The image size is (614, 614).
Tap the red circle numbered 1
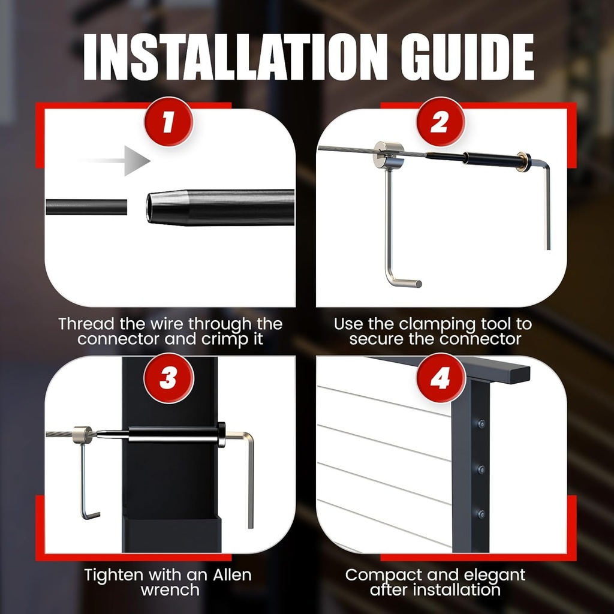(168, 122)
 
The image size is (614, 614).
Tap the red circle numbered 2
(440, 122)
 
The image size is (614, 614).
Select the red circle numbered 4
(441, 378)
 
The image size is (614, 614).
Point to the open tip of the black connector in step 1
(149, 207)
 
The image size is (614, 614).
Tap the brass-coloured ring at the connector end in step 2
(523, 161)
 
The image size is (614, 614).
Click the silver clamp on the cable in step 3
(82, 435)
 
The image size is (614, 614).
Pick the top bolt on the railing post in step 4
(481, 424)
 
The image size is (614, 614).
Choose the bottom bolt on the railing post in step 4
(481, 514)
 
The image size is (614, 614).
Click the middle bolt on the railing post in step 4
(481, 469)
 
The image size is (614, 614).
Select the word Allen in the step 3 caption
(232, 574)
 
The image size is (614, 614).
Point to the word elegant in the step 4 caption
(493, 576)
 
